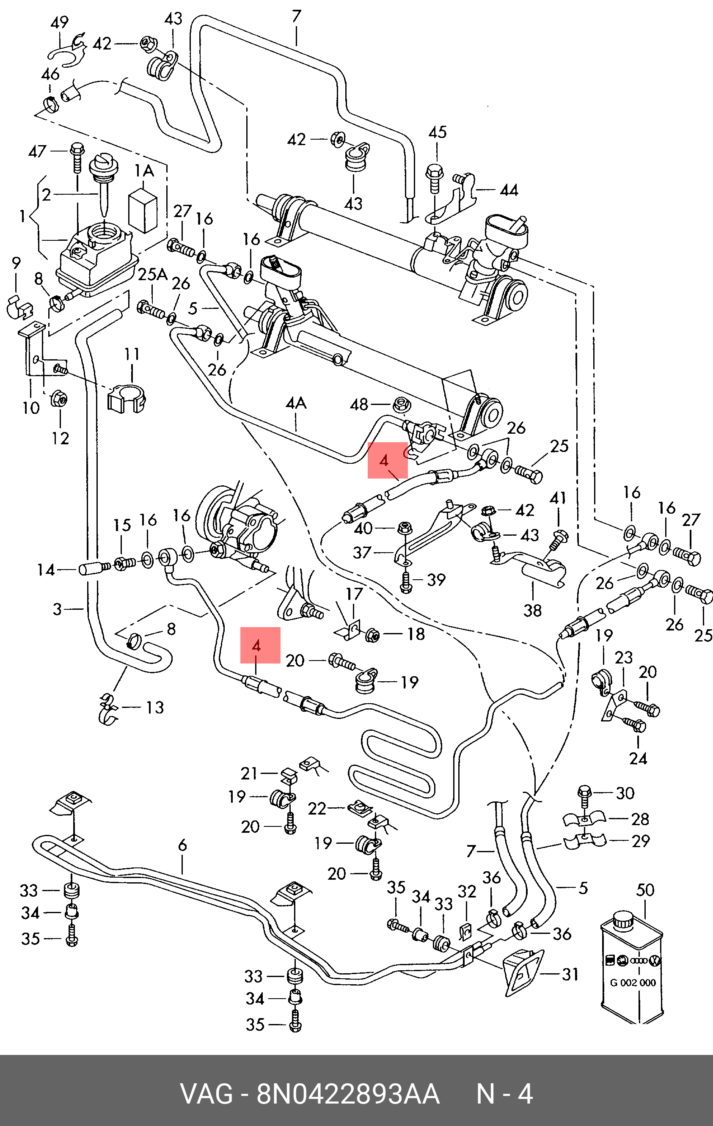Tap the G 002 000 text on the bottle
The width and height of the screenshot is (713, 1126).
click(632, 983)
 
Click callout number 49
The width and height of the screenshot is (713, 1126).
click(59, 22)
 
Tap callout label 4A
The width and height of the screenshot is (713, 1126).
click(295, 404)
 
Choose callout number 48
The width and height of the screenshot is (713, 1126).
click(359, 405)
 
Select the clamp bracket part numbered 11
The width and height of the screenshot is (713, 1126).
click(128, 399)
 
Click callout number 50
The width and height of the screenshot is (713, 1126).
click(645, 890)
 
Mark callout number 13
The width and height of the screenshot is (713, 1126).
click(155, 707)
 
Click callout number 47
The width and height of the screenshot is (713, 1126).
click(37, 151)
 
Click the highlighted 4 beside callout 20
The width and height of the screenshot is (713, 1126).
click(256, 646)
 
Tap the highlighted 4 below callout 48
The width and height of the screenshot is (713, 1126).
click(384, 460)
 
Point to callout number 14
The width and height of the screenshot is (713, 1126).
click(46, 570)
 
